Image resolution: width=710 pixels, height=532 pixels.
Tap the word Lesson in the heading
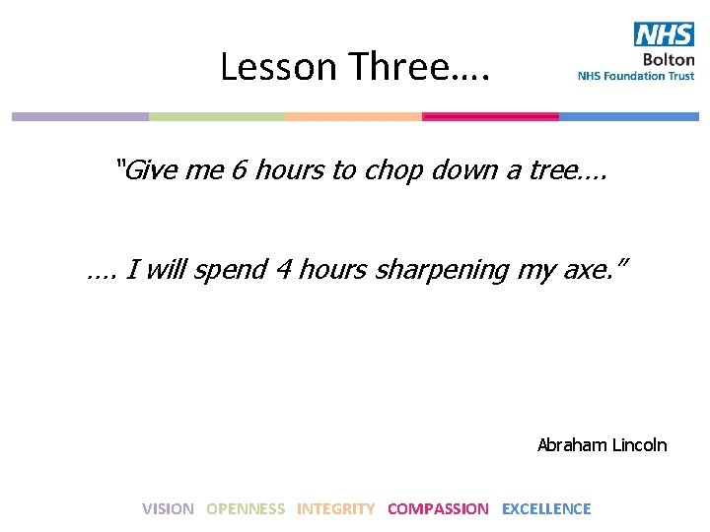point(264,67)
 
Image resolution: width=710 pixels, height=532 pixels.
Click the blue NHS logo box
point(664,35)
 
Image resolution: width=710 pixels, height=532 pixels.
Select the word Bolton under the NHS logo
point(671,60)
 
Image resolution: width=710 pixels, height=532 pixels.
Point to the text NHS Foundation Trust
point(636,76)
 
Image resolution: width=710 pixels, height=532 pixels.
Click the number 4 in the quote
point(282,269)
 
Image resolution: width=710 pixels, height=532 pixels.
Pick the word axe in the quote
point(591,270)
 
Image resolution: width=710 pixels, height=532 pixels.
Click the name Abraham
point(572,445)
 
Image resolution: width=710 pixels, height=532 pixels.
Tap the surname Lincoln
point(639,445)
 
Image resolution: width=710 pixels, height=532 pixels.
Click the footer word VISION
point(168,509)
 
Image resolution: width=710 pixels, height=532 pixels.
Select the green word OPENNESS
point(246,509)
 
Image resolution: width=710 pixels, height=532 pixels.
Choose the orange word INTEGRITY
point(335,509)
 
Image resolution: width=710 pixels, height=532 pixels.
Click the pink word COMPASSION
point(438,509)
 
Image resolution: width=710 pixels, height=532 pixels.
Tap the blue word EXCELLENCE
point(546,509)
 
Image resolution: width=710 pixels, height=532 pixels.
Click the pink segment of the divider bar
point(490,116)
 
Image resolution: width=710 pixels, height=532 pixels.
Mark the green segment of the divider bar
point(217,116)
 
